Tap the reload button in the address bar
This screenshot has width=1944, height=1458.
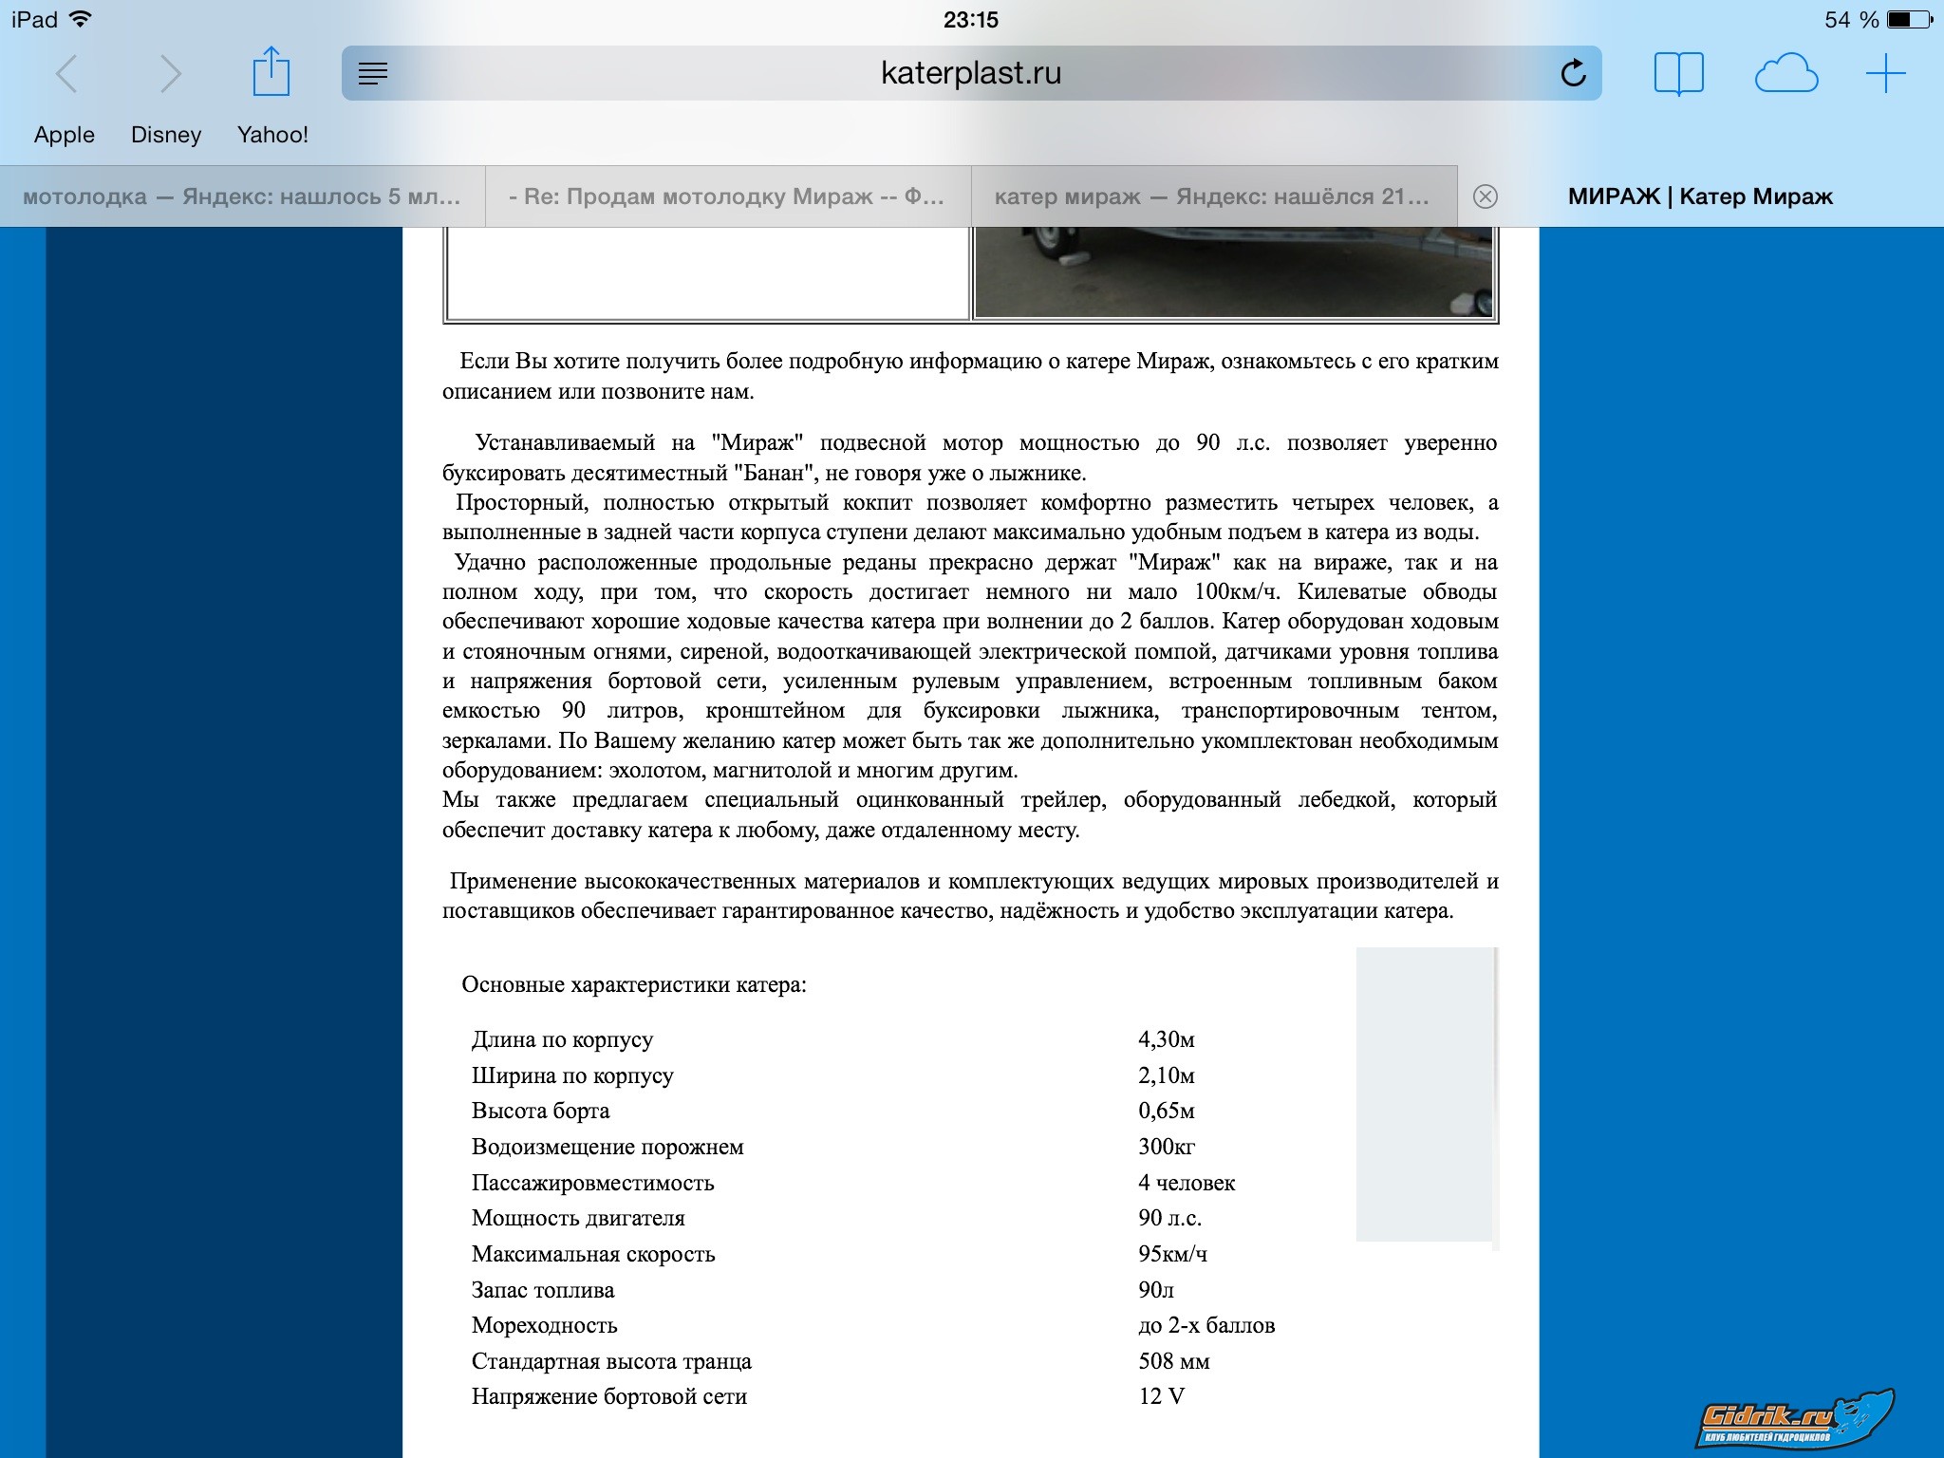1573,73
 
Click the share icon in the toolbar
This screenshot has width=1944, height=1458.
271,72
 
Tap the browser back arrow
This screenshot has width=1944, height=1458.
66,73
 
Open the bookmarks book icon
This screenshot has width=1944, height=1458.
1678,73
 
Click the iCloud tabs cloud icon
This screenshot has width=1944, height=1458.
1785,73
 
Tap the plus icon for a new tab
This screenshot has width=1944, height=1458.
1885,73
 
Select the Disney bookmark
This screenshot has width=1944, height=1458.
166,135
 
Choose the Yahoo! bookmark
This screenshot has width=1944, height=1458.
272,135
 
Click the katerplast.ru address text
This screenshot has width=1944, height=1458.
971,73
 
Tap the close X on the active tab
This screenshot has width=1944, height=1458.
1485,196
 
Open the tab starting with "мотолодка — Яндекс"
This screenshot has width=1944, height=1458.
242,196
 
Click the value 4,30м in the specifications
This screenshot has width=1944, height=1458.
1167,1039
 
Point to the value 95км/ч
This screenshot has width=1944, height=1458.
1172,1254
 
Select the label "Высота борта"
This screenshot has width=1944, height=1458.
540,1111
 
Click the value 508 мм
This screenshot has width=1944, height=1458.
1174,1361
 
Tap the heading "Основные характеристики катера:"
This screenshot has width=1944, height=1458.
634,984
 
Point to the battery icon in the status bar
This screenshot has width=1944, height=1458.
1909,19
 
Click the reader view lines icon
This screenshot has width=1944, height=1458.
373,73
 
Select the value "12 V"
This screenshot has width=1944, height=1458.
1162,1396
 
